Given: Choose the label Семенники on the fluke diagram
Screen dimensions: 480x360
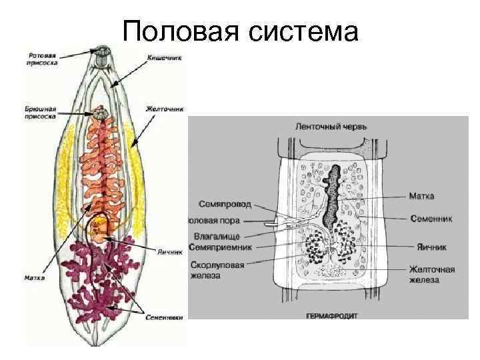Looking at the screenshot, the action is (x=163, y=317).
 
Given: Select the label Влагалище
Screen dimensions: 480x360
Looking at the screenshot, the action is (x=221, y=235).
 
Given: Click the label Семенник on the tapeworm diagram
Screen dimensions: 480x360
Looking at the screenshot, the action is (x=431, y=218).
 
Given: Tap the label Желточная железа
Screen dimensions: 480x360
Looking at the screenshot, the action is (x=432, y=275).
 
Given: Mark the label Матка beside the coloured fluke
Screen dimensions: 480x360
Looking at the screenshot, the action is (x=35, y=277).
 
